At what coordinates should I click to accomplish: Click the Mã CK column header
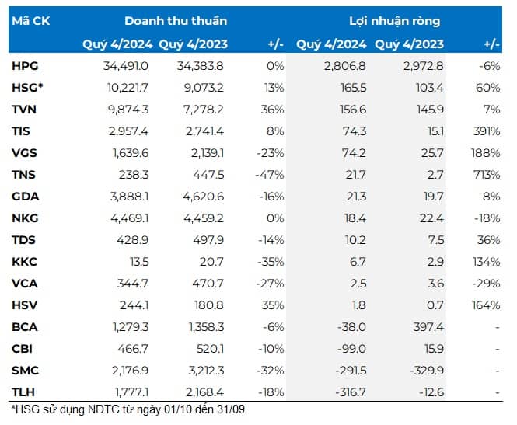click(30, 21)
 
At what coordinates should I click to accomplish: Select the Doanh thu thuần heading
click(176, 21)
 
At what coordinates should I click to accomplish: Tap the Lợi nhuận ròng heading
click(395, 21)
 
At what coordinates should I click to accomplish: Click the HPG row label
click(25, 66)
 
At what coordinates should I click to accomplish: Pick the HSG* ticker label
click(27, 88)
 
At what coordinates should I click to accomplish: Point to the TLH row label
click(23, 392)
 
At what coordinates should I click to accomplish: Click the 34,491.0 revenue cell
click(126, 66)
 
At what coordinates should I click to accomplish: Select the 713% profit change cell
click(487, 175)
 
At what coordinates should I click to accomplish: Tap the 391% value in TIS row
click(487, 131)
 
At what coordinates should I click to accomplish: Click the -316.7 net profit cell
click(351, 392)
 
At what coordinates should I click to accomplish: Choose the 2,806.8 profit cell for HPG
click(345, 66)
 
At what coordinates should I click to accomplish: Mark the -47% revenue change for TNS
click(270, 175)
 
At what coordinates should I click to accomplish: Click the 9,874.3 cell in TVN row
click(128, 110)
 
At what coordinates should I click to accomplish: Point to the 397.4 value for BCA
click(428, 327)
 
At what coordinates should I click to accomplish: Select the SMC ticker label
click(25, 371)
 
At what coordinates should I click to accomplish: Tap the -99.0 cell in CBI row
click(352, 349)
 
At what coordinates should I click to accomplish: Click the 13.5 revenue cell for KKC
click(139, 262)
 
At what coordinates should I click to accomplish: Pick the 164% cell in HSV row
click(486, 305)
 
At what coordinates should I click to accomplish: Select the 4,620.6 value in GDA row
click(204, 197)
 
